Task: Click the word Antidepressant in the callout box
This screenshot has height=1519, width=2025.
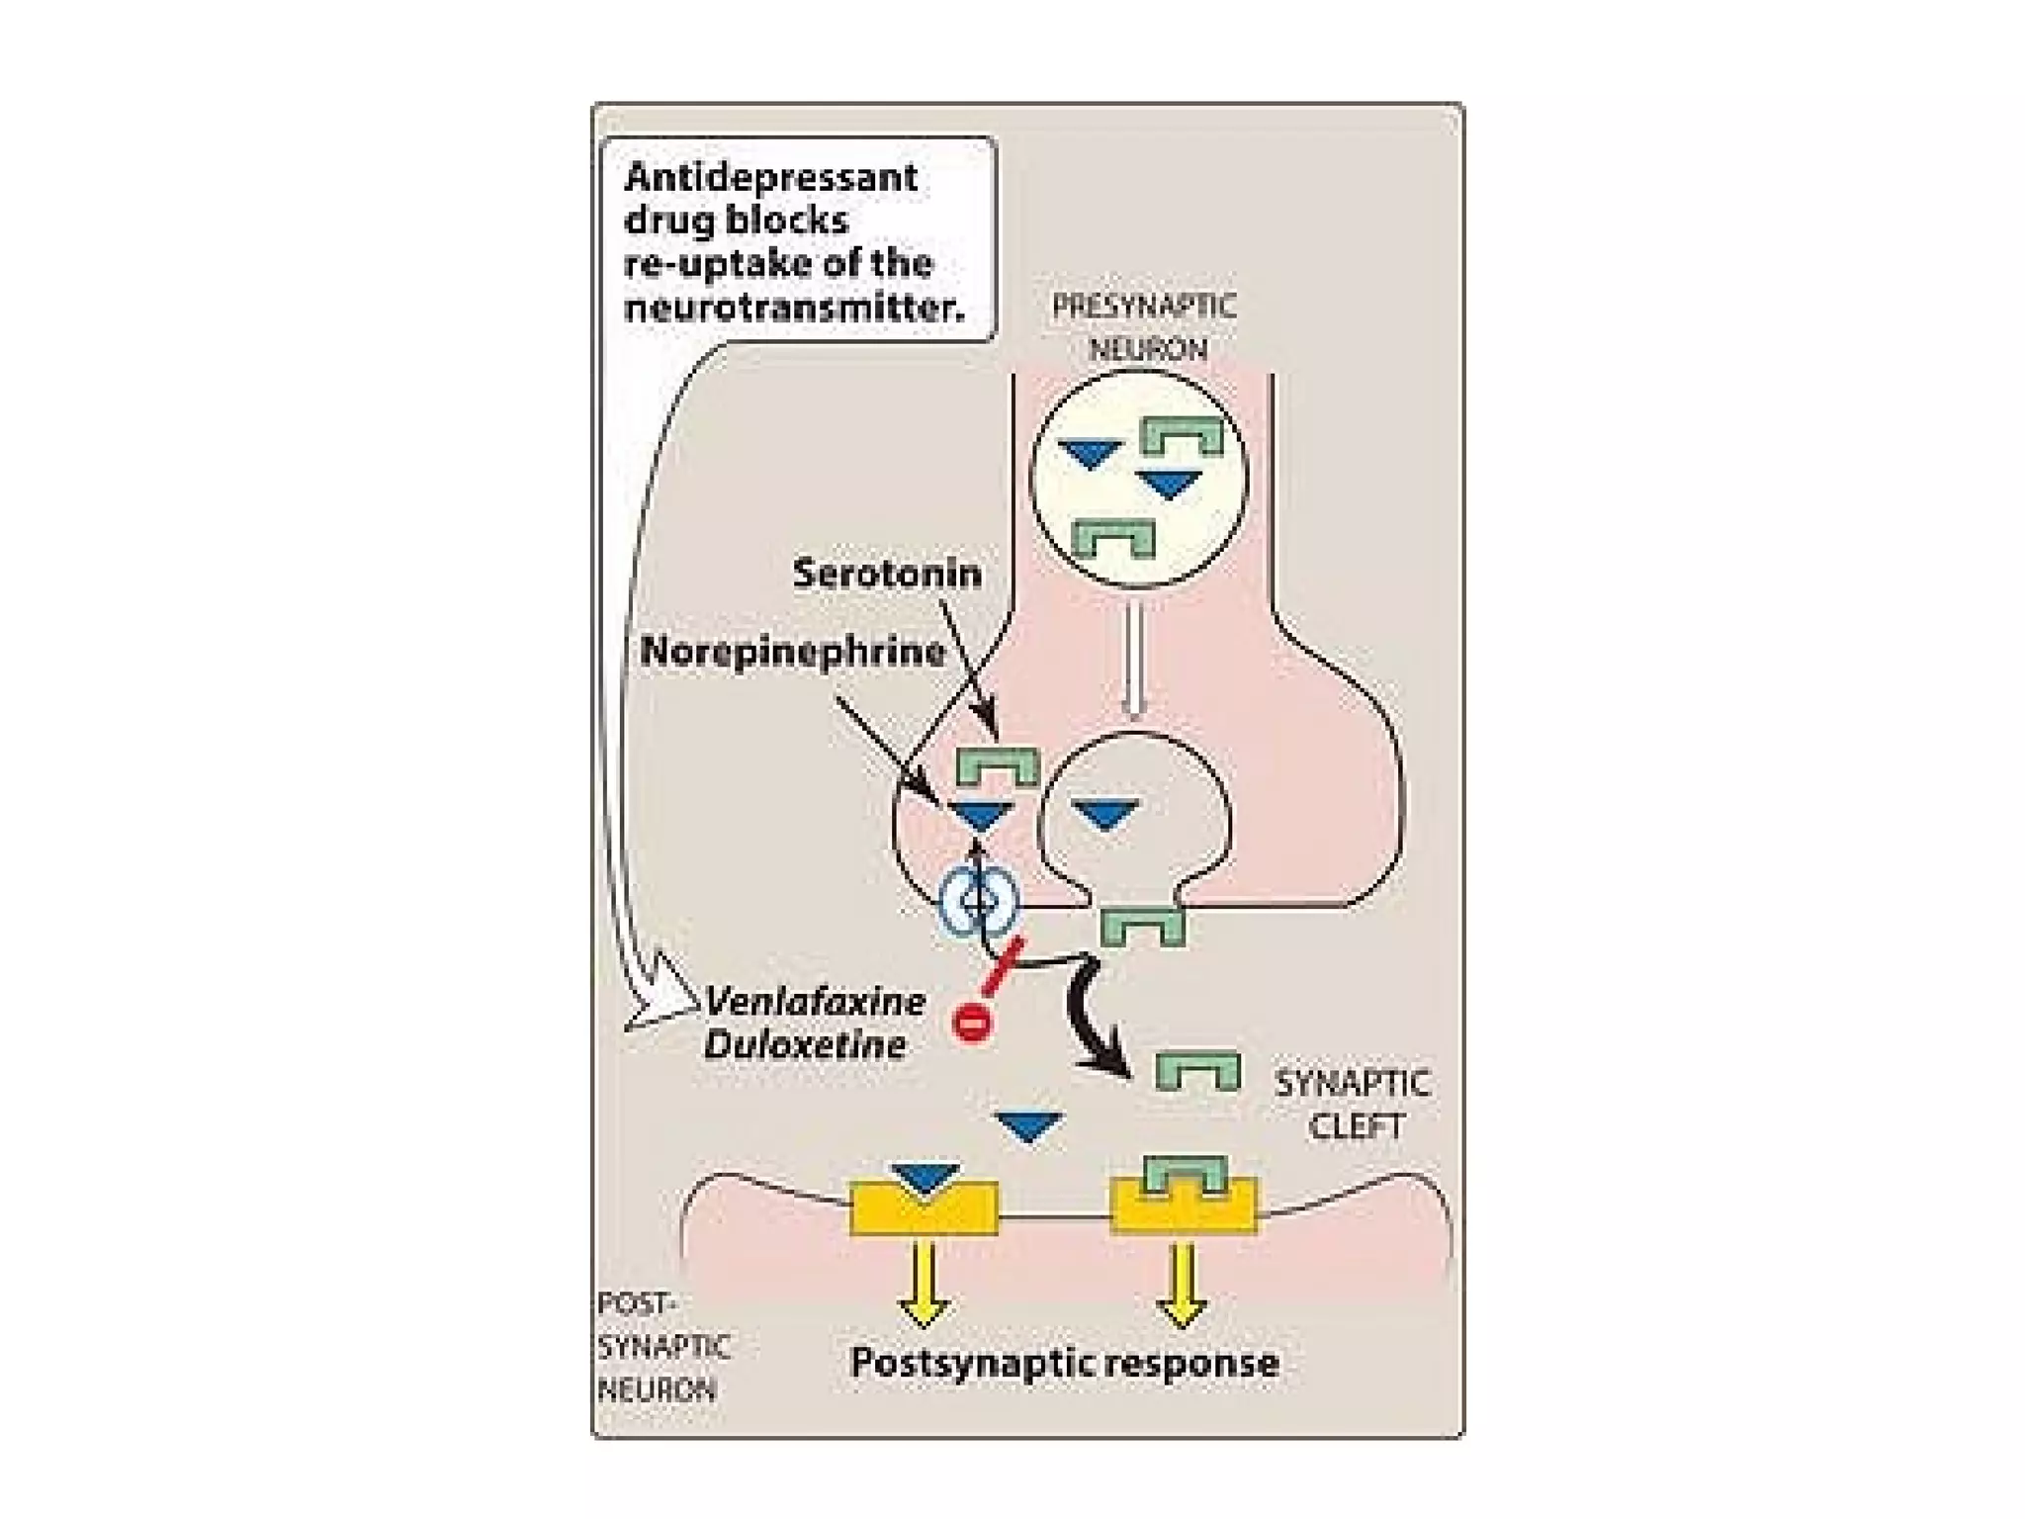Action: (x=770, y=177)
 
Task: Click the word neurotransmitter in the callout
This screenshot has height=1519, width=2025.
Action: (x=793, y=308)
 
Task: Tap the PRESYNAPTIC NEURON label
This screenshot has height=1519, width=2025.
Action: (x=1144, y=326)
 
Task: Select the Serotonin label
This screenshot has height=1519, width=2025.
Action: (x=887, y=574)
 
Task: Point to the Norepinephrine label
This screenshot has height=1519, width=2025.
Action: (x=792, y=652)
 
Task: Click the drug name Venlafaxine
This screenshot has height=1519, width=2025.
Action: (x=815, y=1002)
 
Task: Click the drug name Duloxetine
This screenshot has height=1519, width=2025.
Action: (x=805, y=1045)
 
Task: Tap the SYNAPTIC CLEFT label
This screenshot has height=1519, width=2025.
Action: (x=1352, y=1104)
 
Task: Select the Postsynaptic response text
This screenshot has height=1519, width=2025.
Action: (x=1064, y=1363)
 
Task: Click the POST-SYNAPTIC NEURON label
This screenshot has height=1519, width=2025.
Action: (x=660, y=1346)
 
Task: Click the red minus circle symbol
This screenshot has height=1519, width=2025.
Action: (x=971, y=1021)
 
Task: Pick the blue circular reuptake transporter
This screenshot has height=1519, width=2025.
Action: (x=978, y=901)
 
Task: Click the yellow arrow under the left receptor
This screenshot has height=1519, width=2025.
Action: (x=924, y=1282)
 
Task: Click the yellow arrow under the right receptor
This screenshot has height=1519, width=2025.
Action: (x=1183, y=1282)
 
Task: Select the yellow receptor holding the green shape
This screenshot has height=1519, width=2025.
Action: (x=1184, y=1206)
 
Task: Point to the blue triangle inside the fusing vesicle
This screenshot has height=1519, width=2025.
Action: (x=1106, y=814)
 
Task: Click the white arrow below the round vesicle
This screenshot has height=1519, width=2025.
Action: (x=1134, y=658)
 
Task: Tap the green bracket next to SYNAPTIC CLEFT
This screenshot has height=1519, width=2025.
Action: (x=1197, y=1071)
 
